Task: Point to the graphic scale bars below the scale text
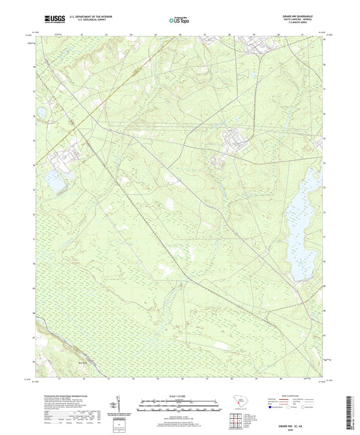pyautogui.click(x=180, y=406)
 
